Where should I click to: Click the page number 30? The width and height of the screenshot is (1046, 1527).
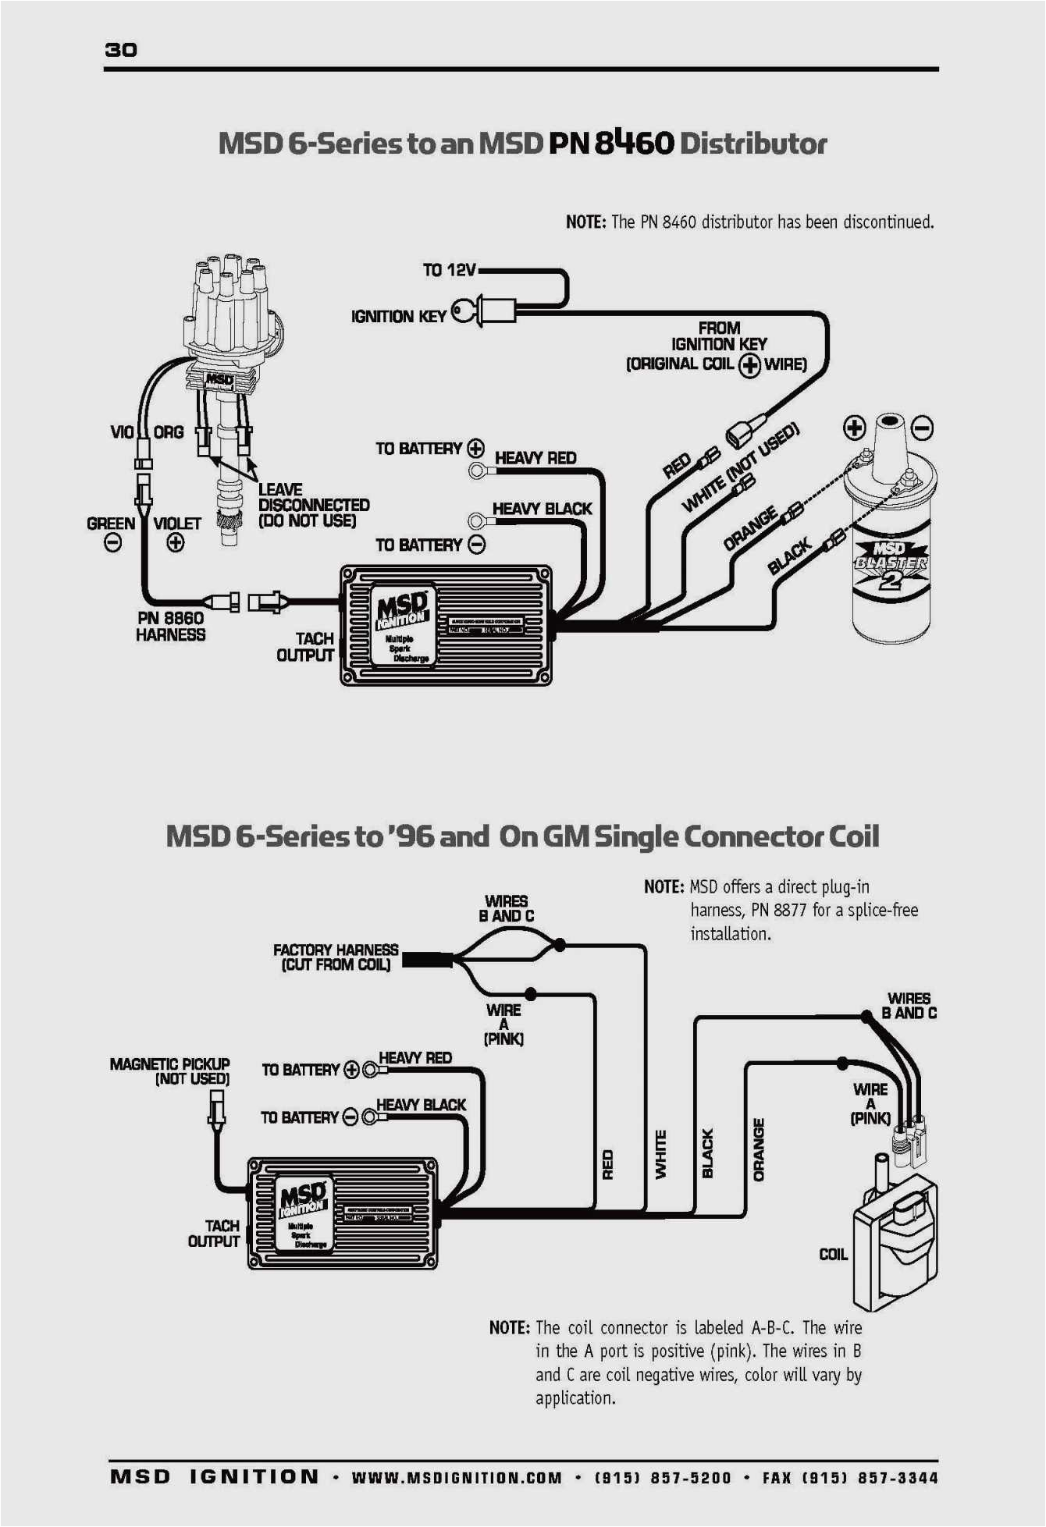[121, 50]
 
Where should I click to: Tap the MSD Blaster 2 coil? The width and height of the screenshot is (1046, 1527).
[891, 546]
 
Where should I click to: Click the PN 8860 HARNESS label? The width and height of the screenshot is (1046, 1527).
[170, 627]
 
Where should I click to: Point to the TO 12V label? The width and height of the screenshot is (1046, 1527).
[449, 270]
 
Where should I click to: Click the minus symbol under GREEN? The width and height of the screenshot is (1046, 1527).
[113, 543]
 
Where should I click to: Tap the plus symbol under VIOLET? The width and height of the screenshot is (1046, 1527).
[176, 543]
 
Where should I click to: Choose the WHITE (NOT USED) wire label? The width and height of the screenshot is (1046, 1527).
[741, 467]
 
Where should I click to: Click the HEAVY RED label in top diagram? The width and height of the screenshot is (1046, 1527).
[535, 458]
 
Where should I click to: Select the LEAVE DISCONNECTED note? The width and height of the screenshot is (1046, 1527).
[313, 505]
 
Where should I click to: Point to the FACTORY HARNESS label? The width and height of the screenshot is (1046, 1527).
[336, 957]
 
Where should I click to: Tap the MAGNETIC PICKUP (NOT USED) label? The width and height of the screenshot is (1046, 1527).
[170, 1071]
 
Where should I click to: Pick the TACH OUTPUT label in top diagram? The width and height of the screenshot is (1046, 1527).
[305, 647]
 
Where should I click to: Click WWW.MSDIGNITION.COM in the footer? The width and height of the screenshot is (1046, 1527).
[457, 1477]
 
